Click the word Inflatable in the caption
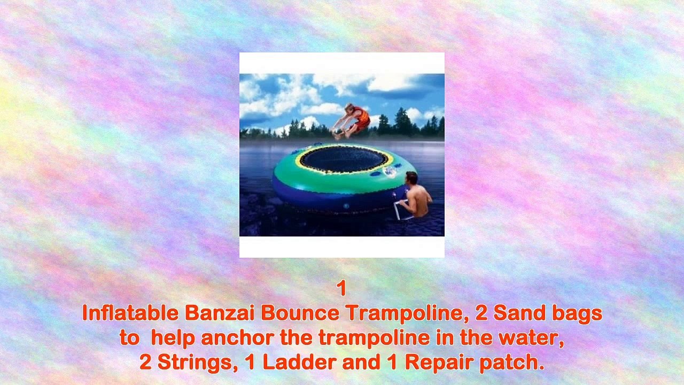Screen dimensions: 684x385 pos(130,313)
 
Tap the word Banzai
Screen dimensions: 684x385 pos(220,313)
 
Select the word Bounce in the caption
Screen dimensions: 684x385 pos(300,313)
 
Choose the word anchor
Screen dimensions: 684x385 pos(237,337)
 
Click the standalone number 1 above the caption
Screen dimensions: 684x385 pos(342,288)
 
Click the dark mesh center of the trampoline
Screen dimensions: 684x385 pos(344,159)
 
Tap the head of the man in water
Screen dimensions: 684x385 pos(412,178)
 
